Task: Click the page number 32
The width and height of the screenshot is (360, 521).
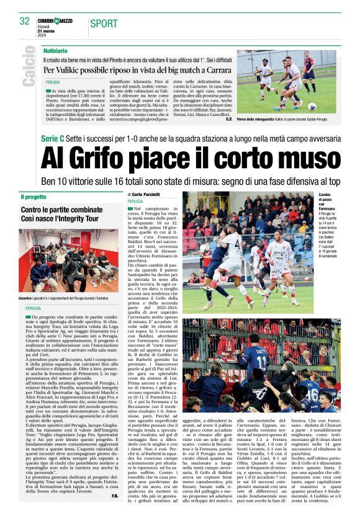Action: (24, 21)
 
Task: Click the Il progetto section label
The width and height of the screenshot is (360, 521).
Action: (34, 197)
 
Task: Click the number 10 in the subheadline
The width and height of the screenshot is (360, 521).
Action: (58, 181)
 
